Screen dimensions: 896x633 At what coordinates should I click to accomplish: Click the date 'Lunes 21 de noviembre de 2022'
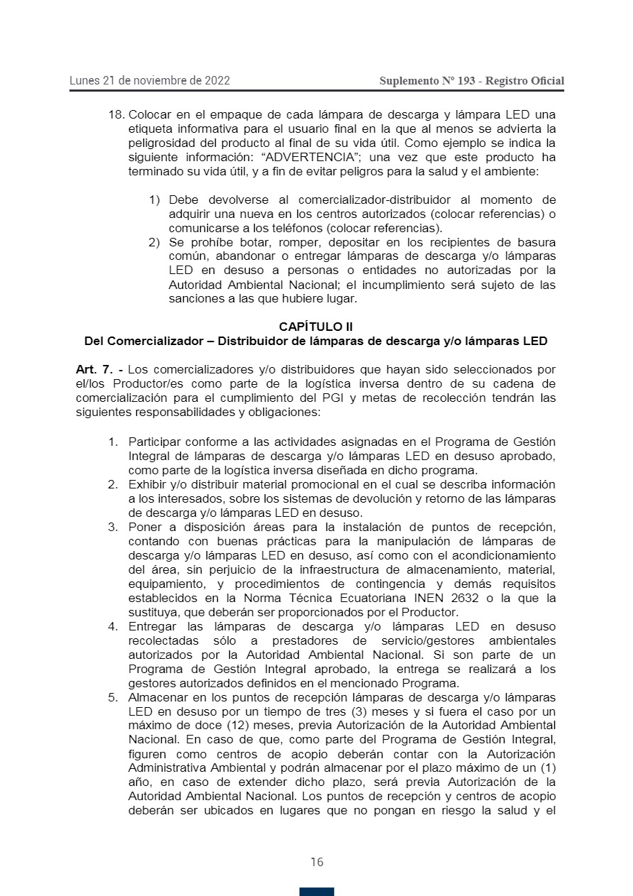click(x=149, y=80)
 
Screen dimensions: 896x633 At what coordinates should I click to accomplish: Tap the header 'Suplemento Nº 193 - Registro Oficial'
click(x=472, y=81)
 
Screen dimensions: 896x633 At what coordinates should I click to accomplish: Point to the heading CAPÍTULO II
click(x=316, y=327)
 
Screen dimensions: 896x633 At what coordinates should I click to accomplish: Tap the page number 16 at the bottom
click(x=316, y=862)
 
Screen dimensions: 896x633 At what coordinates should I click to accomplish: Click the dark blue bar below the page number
click(x=316, y=891)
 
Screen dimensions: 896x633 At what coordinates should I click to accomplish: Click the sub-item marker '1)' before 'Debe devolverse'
click(x=154, y=200)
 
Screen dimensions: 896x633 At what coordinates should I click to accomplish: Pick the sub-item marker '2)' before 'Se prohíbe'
click(x=154, y=242)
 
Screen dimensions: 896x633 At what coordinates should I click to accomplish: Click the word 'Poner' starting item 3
click(x=144, y=527)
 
